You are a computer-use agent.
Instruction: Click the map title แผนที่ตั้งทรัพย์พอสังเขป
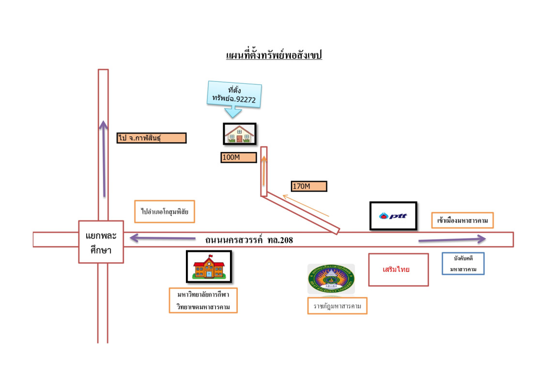click(x=274, y=55)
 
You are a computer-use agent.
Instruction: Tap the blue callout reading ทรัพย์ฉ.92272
click(x=234, y=96)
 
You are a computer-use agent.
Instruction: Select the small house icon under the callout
click(x=239, y=134)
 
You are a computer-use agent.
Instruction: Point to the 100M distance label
click(x=238, y=157)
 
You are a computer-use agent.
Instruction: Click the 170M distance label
click(x=309, y=186)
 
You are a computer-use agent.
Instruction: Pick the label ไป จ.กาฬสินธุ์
click(x=152, y=138)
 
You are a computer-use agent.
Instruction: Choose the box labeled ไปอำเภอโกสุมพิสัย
click(x=165, y=211)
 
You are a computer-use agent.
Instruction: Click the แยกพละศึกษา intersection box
click(x=101, y=242)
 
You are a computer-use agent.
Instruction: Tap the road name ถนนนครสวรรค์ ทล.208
click(x=249, y=239)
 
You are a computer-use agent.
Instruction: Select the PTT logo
click(x=393, y=216)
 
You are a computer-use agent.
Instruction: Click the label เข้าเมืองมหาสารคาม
click(x=462, y=220)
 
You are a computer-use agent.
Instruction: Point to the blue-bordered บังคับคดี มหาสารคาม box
click(x=463, y=264)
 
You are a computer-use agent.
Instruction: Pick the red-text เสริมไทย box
click(x=398, y=269)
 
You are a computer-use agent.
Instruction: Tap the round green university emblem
click(x=331, y=279)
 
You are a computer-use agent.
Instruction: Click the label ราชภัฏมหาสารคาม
click(x=337, y=306)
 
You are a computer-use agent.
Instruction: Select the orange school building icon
click(x=209, y=266)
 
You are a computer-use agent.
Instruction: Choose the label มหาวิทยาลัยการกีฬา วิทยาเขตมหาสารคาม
click(x=203, y=300)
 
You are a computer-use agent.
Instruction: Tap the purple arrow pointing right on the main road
click(x=451, y=239)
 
